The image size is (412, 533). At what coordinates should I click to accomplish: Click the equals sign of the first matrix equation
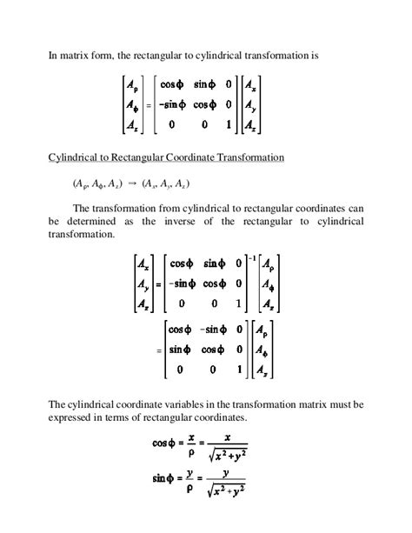tap(149, 106)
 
